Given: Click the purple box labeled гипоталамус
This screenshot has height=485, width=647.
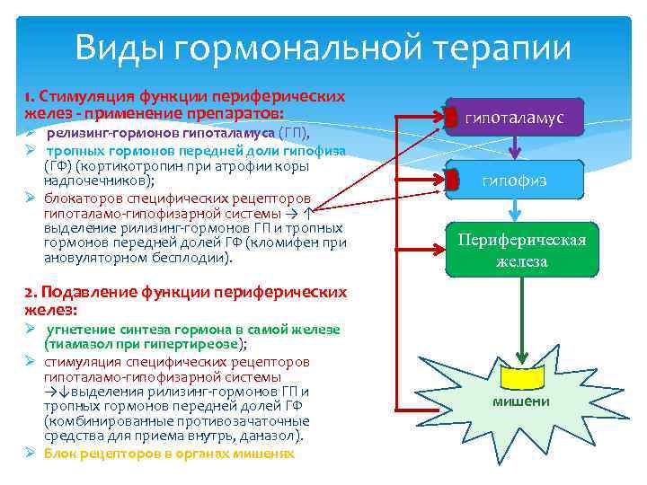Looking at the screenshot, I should pyautogui.click(x=515, y=118).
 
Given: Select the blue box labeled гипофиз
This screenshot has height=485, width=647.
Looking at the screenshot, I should pyautogui.click(x=515, y=181).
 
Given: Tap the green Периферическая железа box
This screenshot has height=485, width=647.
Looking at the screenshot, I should pyautogui.click(x=522, y=251).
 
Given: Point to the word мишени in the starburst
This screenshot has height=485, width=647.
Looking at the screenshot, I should pyautogui.click(x=521, y=401).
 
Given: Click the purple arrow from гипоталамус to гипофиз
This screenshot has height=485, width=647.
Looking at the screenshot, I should pyautogui.click(x=514, y=148).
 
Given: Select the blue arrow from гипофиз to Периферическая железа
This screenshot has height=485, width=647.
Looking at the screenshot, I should pyautogui.click(x=514, y=209).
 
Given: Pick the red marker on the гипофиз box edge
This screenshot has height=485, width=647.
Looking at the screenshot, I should pyautogui.click(x=453, y=181).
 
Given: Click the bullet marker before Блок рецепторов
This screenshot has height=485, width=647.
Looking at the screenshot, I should pyautogui.click(x=30, y=454).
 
